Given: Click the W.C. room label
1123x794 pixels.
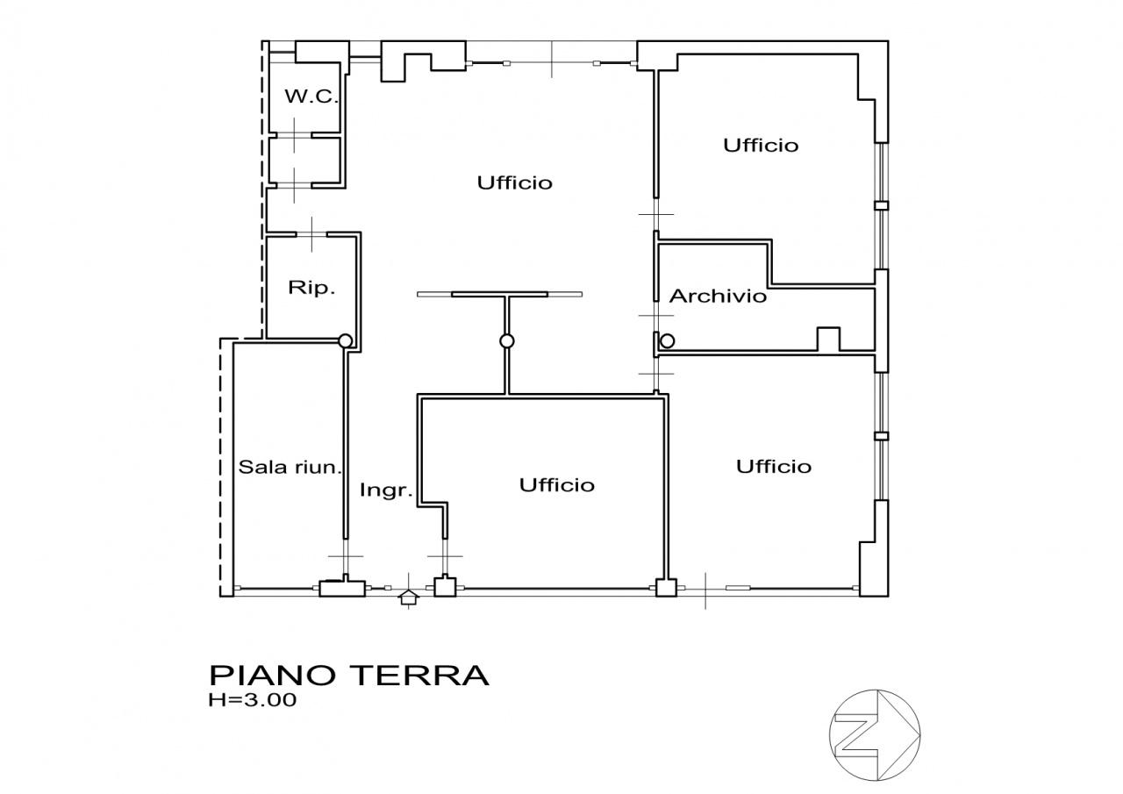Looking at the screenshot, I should click(x=311, y=97).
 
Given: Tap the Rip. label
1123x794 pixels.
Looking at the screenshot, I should click(x=311, y=288).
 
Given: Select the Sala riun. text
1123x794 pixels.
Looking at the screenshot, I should click(x=290, y=468).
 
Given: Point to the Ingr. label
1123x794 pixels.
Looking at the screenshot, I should click(x=386, y=490).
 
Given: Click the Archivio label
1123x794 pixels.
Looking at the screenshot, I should click(x=718, y=297).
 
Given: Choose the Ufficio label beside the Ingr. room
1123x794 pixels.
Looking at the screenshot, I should click(x=556, y=485).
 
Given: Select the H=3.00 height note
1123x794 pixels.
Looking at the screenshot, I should click(x=253, y=700).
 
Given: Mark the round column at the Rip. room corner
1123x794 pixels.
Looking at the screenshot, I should click(x=346, y=341).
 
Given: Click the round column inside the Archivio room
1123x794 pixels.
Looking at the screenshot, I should click(x=668, y=341).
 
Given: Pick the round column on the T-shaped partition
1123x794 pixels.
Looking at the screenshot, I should click(x=506, y=341).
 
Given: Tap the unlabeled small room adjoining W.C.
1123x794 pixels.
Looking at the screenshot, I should click(x=303, y=161).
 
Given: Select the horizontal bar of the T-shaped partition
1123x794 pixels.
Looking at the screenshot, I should click(x=499, y=294).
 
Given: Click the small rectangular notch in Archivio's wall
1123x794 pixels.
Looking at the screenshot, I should click(x=828, y=340).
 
